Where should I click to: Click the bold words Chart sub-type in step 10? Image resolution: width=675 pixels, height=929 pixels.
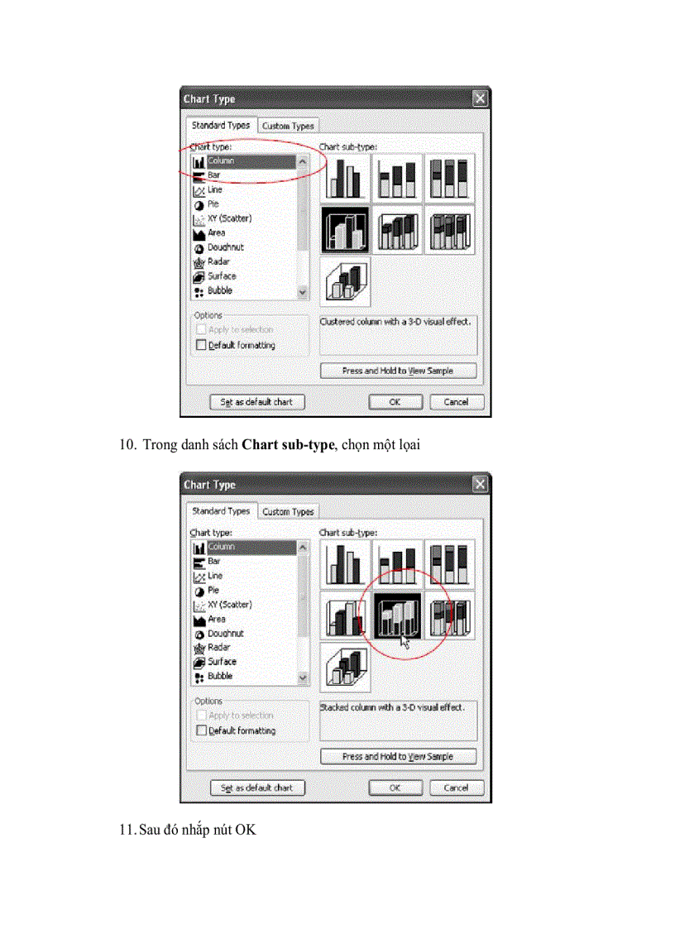287,445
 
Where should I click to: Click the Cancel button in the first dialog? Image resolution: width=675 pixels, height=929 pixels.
456,402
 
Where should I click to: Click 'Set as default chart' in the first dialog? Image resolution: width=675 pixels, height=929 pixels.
256,402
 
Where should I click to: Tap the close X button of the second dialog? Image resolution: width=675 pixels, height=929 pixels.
480,485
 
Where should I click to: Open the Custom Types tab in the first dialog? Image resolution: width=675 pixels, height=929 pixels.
288,127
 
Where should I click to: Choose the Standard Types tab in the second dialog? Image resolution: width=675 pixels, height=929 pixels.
220,511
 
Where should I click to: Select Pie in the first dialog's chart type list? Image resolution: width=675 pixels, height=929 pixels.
213,204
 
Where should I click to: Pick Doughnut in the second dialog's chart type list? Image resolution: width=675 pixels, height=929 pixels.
225,633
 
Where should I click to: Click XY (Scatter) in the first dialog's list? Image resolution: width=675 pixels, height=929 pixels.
229,218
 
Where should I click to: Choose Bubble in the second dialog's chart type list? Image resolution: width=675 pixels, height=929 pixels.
219,676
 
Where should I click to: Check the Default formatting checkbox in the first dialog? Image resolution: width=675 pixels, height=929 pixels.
201,345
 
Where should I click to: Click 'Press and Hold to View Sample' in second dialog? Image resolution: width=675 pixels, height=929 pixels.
398,756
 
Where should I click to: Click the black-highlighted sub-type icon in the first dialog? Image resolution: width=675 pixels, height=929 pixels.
345,230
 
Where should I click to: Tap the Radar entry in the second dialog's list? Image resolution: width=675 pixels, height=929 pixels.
218,647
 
